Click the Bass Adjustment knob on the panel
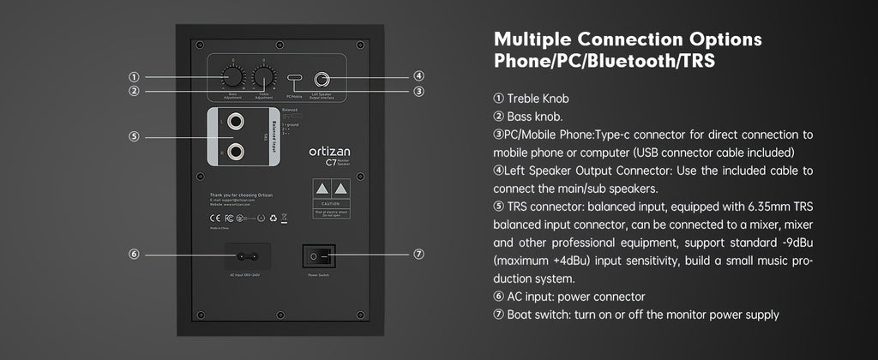(x=232, y=75)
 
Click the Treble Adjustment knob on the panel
(x=264, y=75)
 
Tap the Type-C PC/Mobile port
(x=296, y=79)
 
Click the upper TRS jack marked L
(x=233, y=122)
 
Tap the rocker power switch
(x=318, y=255)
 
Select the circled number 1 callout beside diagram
(x=135, y=76)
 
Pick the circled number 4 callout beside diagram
(x=418, y=76)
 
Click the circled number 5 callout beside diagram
(x=135, y=136)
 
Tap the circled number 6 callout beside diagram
(x=135, y=255)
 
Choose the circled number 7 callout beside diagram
(x=418, y=255)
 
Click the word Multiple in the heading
(x=536, y=40)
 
